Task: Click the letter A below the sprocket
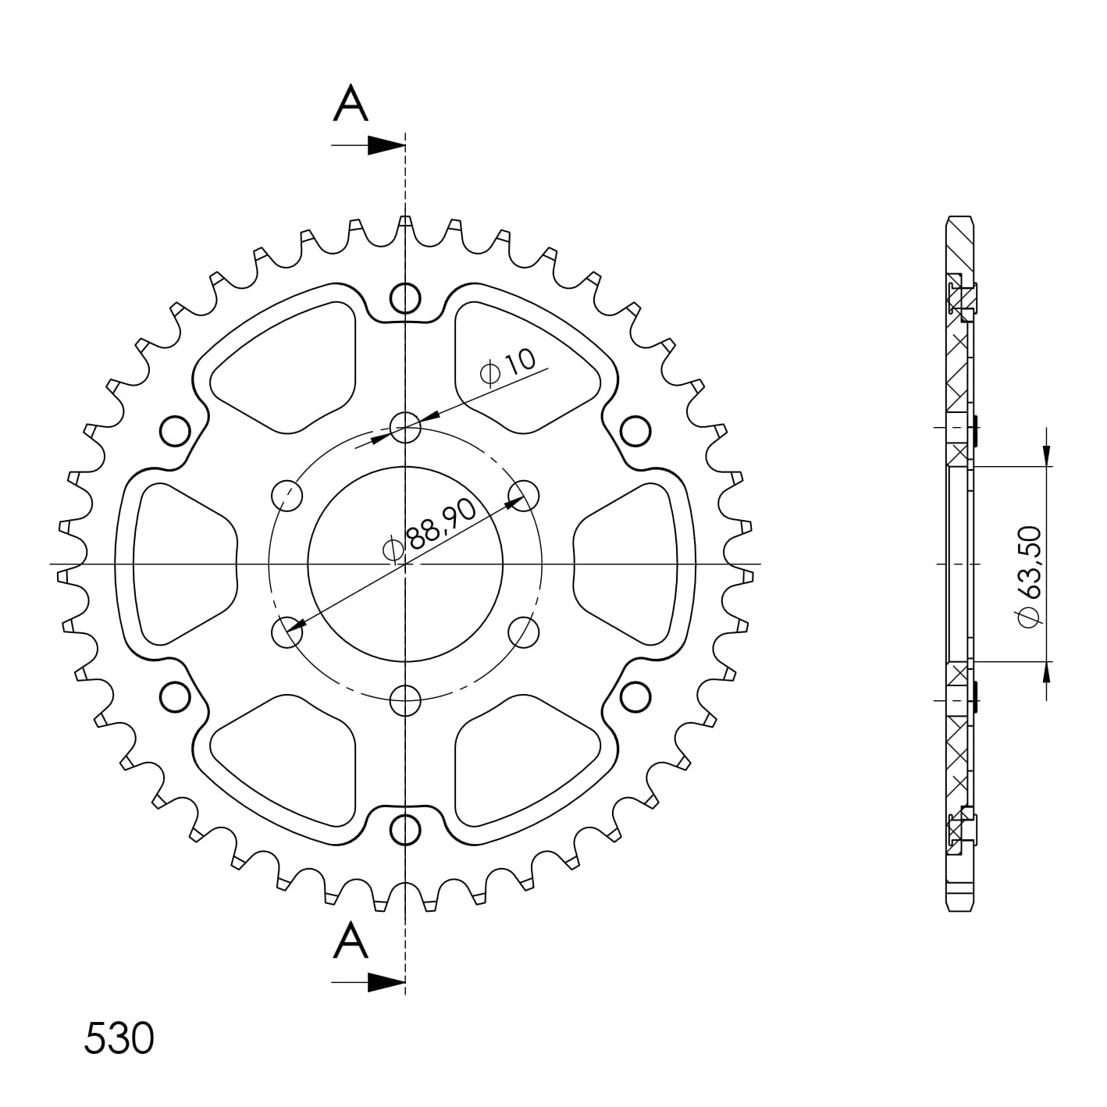(351, 941)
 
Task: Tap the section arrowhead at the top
(386, 145)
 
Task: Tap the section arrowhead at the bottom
(386, 982)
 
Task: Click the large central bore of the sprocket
(405, 564)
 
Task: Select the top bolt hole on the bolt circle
(405, 427)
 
